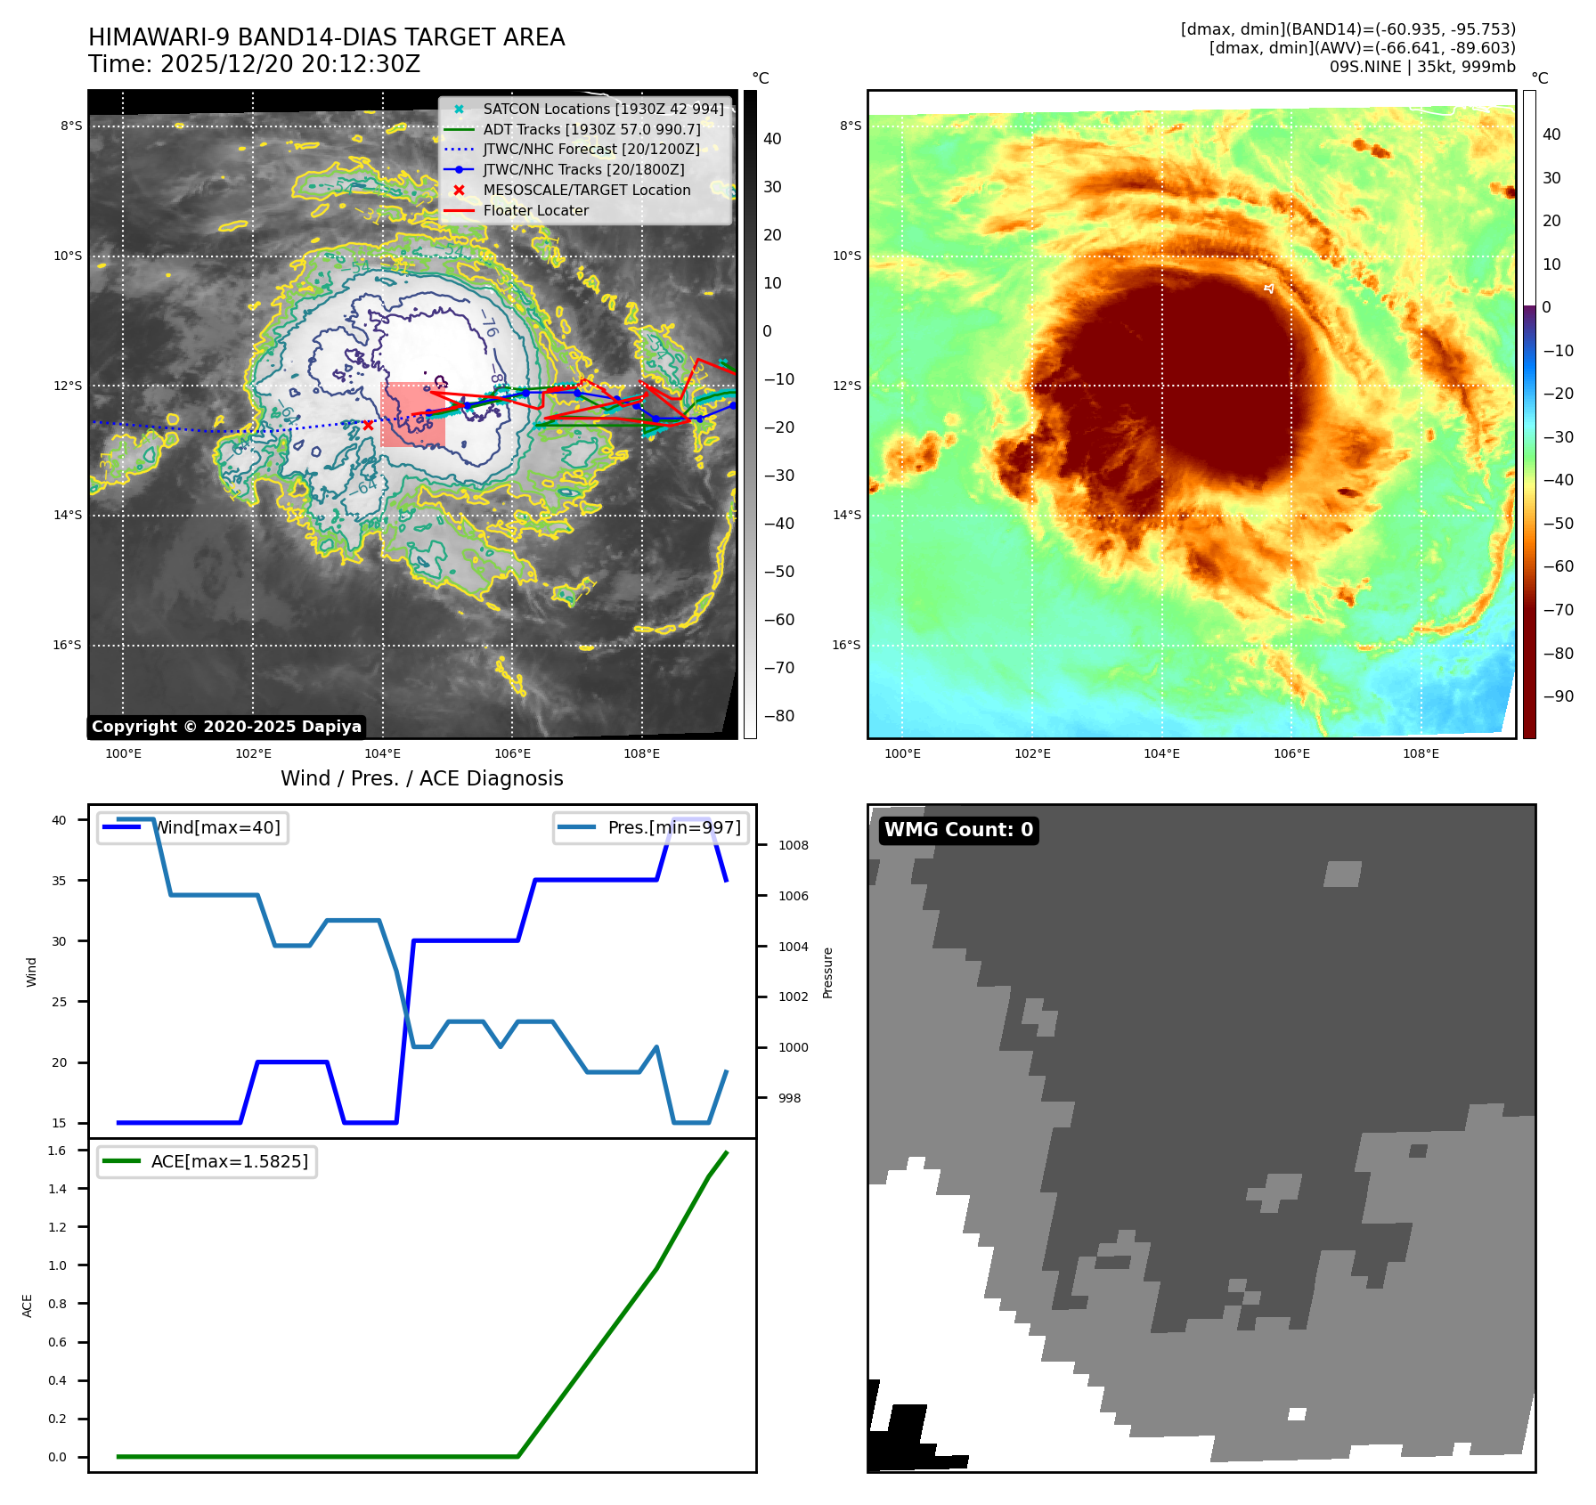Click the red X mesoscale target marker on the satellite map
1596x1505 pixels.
[368, 425]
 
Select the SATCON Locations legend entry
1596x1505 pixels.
[603, 109]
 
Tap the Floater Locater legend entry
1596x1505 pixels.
[535, 211]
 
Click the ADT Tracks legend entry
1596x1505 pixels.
[591, 129]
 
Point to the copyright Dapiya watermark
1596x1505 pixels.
[226, 727]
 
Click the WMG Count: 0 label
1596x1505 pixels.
[958, 830]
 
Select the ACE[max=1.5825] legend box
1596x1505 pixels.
[207, 1161]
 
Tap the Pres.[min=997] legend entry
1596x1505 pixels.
[651, 827]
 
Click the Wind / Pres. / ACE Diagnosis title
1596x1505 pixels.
[421, 778]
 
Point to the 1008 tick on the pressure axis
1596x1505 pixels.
[793, 845]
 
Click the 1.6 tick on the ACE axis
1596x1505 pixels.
[57, 1151]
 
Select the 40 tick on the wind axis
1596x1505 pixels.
[59, 820]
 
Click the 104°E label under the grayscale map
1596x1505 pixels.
[383, 754]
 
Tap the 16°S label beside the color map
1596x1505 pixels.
[846, 645]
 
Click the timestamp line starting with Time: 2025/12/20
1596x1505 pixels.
[254, 65]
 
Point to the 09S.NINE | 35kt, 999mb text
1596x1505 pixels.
[1422, 67]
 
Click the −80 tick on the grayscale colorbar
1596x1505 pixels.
[778, 716]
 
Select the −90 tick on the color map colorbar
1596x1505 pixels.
[1558, 696]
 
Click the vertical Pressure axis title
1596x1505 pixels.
[827, 972]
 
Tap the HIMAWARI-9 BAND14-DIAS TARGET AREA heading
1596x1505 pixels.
[326, 37]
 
